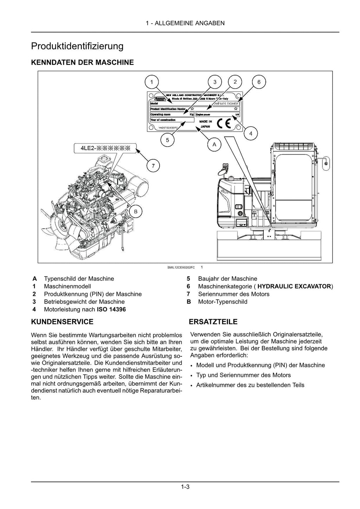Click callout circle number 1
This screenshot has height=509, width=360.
coord(152,82)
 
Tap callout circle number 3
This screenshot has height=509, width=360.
coord(215,82)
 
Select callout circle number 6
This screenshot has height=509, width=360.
coord(259,82)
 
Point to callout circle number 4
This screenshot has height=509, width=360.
coord(250,134)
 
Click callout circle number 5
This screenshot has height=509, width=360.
coord(167,140)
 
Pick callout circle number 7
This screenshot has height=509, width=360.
coord(153,165)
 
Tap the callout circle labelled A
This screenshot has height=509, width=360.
coord(214,144)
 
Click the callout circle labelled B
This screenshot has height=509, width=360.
coord(136,211)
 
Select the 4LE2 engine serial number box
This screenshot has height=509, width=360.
coord(105,148)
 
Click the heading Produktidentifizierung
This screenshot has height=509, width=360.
coord(77,46)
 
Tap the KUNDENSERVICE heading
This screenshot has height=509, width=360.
coord(62,322)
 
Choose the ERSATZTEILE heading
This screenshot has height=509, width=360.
coord(213,322)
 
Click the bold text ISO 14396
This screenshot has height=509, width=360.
coord(111,310)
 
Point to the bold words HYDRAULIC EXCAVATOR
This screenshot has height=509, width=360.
coord(294,286)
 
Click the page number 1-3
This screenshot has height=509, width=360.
coord(185,487)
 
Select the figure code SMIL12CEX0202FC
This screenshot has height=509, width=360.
coord(181,268)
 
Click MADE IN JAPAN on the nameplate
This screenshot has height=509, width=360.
coord(205,124)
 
